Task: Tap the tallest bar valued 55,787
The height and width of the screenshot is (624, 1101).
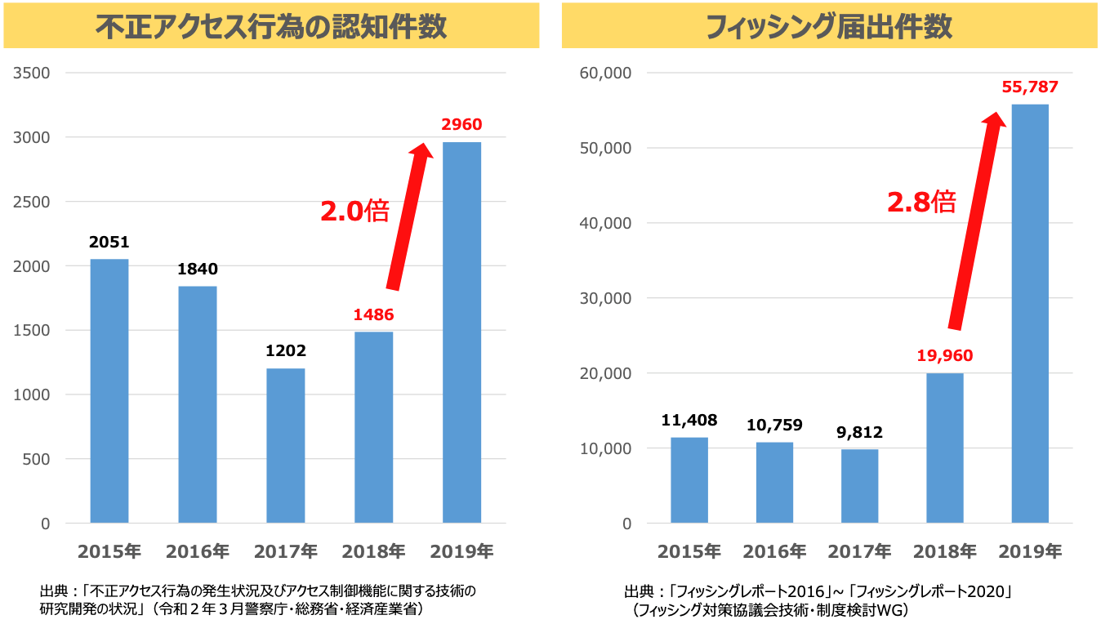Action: tap(1030, 314)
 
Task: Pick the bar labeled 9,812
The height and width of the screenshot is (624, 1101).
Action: tap(859, 486)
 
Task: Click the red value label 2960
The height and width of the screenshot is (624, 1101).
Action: tap(461, 125)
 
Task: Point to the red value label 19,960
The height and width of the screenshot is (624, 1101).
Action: tap(945, 356)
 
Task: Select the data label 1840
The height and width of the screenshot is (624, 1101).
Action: tap(198, 269)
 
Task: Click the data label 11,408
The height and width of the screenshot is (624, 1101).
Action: tap(689, 421)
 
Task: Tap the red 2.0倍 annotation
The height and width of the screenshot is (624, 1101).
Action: tap(354, 212)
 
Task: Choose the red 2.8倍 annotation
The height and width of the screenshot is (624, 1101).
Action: tap(921, 202)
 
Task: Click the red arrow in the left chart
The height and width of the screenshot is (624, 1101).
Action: tap(408, 216)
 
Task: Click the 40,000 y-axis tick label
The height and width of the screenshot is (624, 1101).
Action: tap(605, 223)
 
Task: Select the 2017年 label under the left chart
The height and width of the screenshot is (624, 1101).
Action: tap(286, 551)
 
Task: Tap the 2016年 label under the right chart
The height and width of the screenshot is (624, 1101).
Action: tap(774, 551)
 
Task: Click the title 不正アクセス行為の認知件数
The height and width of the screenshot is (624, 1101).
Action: tap(271, 27)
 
